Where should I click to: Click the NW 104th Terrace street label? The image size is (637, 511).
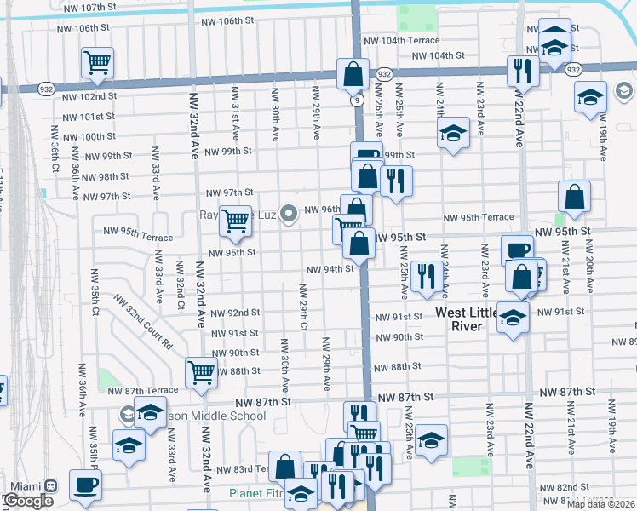401,40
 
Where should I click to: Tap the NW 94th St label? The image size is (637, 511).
330,269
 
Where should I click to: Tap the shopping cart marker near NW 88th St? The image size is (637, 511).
201,371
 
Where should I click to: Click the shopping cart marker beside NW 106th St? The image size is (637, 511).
97,61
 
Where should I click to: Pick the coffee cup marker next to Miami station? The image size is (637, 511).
85,485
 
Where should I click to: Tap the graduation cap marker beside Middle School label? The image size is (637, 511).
150,413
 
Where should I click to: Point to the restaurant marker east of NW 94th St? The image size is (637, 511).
424,274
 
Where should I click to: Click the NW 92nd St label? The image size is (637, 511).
234,313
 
